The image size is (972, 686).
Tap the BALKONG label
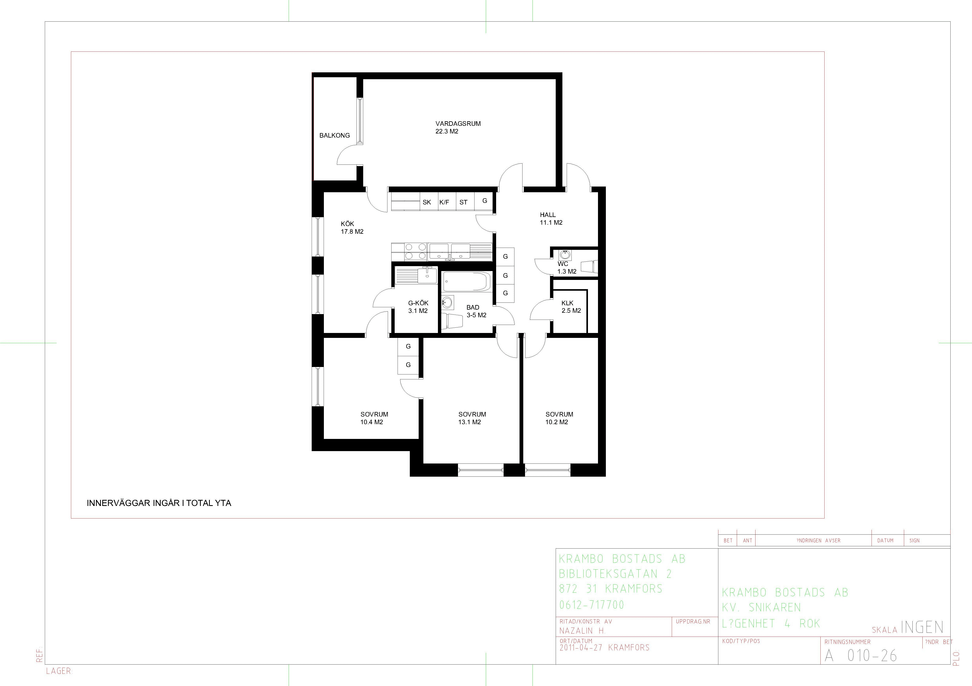334,135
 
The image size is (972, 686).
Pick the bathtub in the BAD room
466,281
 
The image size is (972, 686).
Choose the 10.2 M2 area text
557,422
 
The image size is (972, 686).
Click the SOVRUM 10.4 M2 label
374,418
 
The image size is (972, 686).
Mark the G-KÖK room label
418,303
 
